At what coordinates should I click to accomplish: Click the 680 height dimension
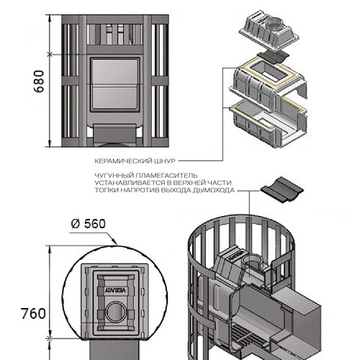pos(39,81)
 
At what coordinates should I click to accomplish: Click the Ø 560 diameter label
pos(89,224)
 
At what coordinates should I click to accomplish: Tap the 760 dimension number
pos(33,313)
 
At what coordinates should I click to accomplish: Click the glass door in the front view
pos(114,84)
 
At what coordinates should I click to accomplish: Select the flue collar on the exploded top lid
pos(274,24)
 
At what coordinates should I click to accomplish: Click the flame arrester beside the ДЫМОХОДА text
pos(282,189)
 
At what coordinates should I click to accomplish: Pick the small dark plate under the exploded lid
pos(273,57)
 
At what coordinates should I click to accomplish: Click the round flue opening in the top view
pos(116,312)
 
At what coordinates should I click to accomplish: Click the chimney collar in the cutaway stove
pos(252,264)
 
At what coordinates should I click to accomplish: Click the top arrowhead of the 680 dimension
pos(50,17)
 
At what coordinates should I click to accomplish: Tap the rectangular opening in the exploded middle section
pos(269,69)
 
